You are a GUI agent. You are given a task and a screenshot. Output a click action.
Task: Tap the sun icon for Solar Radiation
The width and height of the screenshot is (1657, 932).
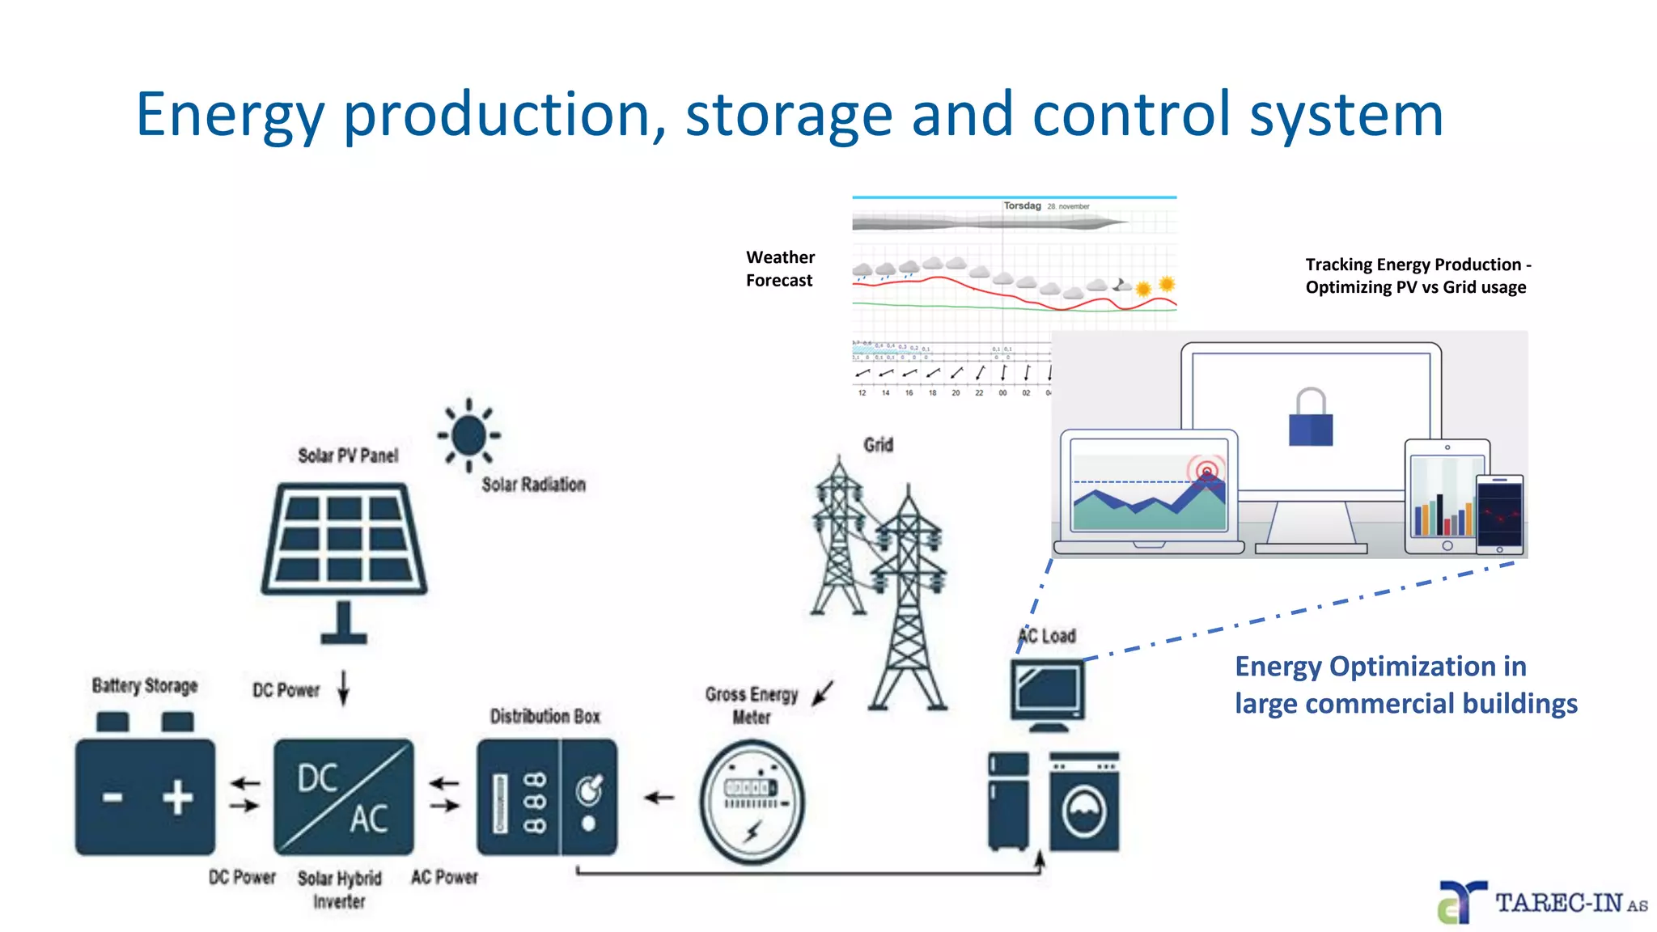pyautogui.click(x=468, y=435)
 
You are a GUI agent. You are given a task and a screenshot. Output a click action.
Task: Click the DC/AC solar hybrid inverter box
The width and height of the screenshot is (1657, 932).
pyautogui.click(x=344, y=797)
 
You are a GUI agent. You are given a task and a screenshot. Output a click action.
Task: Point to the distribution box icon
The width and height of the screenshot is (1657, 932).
pyautogui.click(x=547, y=797)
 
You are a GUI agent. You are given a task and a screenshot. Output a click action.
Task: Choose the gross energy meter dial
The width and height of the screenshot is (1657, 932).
pyautogui.click(x=752, y=801)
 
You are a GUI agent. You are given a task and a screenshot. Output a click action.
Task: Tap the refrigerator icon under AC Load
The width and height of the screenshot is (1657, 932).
pyautogui.click(x=1009, y=801)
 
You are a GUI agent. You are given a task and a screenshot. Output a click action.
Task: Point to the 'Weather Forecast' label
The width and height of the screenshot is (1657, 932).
pyautogui.click(x=780, y=269)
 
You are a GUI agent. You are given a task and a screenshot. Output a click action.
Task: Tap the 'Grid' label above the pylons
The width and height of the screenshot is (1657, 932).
pyautogui.click(x=878, y=445)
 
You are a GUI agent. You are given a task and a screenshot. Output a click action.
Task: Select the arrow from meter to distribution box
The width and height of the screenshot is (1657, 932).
pyautogui.click(x=659, y=798)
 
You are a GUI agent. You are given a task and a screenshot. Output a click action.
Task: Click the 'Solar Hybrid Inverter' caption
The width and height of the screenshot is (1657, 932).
pyautogui.click(x=339, y=889)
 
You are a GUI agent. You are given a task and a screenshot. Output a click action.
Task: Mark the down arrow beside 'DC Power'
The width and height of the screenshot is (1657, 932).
pyautogui.click(x=343, y=688)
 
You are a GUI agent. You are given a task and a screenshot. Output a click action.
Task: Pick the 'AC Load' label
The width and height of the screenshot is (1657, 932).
pyautogui.click(x=1047, y=636)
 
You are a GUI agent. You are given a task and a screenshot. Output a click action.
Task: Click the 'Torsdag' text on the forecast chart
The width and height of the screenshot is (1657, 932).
pyautogui.click(x=1022, y=205)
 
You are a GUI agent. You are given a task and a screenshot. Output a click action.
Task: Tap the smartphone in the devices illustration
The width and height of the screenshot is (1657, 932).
pyautogui.click(x=1499, y=514)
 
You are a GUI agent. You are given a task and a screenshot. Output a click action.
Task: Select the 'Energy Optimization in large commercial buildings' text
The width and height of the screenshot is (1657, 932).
pyautogui.click(x=1405, y=684)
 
